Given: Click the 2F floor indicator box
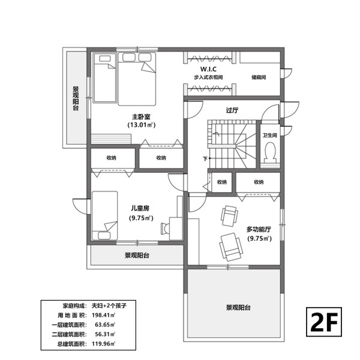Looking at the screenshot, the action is [x=324, y=322].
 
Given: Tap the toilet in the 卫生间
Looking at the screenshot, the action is [x=270, y=152].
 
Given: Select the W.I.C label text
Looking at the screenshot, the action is [x=208, y=69].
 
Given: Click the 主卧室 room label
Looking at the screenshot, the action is [x=141, y=116].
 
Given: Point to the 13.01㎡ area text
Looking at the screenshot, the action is [x=142, y=125].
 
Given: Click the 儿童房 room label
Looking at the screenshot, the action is [x=140, y=208].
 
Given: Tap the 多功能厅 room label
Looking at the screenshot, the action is [x=259, y=229].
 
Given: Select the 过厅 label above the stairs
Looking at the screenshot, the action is [x=232, y=110].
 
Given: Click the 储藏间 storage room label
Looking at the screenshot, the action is [x=259, y=77].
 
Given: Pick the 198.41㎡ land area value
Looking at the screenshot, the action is [x=103, y=315].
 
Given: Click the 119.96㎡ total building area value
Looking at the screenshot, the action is [x=103, y=344].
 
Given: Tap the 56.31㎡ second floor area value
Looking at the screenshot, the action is [x=105, y=334].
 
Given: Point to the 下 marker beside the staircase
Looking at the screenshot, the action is [x=205, y=158].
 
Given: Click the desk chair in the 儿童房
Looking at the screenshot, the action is [x=165, y=228].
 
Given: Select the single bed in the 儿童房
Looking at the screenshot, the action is [x=104, y=215].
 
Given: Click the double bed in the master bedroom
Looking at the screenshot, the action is [x=137, y=79].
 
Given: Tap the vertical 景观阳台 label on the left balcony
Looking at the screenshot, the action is [x=76, y=98].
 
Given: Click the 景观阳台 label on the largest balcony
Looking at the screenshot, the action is [x=238, y=308].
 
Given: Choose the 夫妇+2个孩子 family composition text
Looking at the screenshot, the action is [x=109, y=305].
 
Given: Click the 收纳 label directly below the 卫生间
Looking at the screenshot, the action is [x=259, y=182].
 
